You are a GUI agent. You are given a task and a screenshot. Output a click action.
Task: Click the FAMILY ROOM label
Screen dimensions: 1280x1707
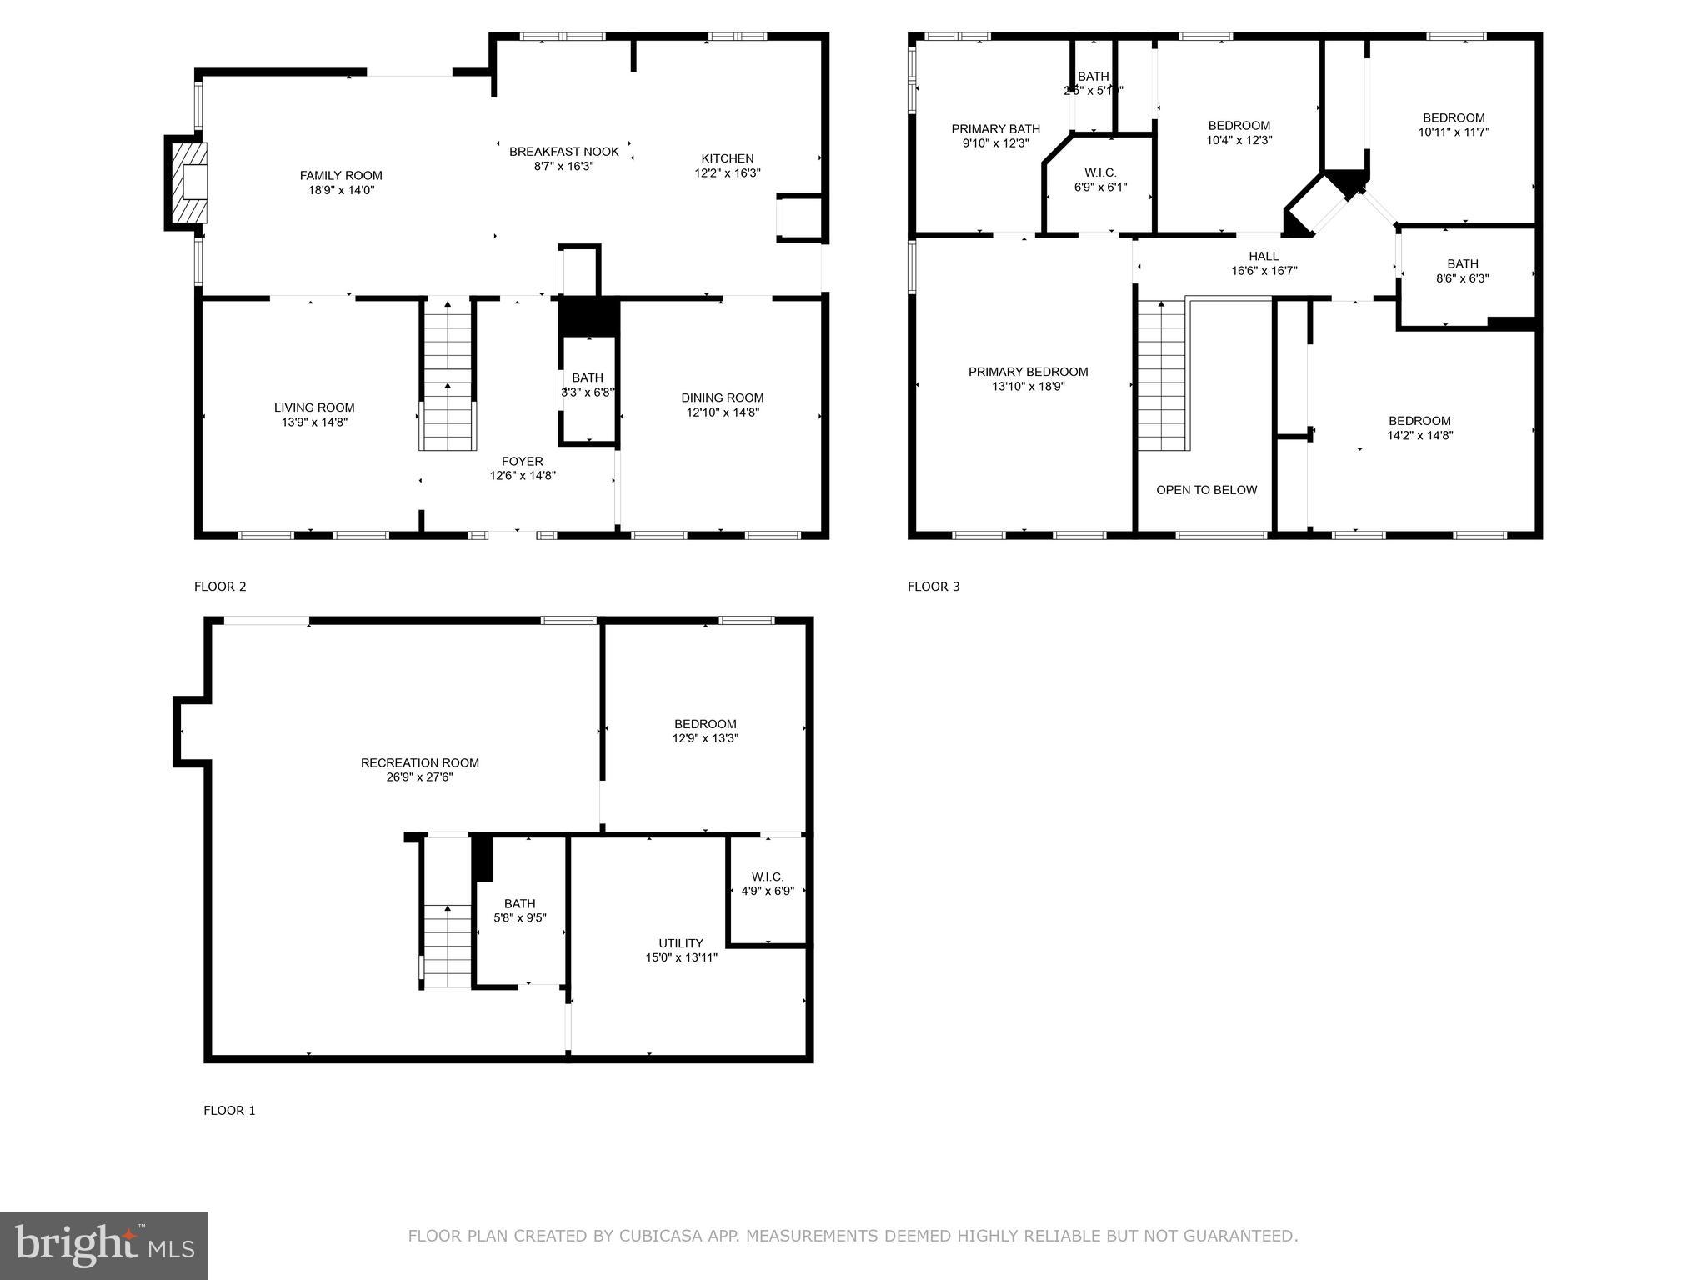pos(341,175)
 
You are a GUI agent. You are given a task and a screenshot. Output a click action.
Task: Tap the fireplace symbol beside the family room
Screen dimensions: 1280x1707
pos(188,182)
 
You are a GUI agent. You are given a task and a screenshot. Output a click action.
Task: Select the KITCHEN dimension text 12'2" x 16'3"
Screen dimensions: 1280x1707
pos(727,172)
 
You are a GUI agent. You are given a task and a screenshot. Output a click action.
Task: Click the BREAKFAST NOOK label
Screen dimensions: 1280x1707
pos(563,152)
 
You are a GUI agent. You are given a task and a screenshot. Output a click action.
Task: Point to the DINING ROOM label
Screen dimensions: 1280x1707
pos(722,397)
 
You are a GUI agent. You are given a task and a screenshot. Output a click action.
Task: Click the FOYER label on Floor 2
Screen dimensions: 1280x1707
pos(522,461)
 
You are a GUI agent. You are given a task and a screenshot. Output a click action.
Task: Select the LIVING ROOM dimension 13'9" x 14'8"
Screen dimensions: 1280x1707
pos(313,422)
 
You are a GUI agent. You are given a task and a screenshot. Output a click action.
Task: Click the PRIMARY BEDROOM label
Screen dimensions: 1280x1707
pos(1028,372)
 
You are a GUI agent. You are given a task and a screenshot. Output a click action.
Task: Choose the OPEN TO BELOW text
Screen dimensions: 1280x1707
pos(1206,490)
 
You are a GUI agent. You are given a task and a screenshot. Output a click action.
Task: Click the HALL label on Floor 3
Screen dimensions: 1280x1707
pos(1264,256)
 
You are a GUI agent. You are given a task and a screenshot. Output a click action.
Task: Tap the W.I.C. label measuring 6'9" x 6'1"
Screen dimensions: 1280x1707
pos(1100,172)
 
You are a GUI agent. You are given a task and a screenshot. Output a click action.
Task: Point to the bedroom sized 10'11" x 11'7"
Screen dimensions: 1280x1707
pos(1454,124)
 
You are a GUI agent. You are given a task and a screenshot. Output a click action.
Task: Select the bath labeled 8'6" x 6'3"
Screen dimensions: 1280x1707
pos(1462,271)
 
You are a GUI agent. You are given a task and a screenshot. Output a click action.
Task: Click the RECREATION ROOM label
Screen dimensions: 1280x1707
pos(419,762)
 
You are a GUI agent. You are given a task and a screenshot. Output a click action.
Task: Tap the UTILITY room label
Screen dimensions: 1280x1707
pos(681,943)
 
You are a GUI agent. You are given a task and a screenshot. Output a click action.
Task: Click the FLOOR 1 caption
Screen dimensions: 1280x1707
pos(229,1110)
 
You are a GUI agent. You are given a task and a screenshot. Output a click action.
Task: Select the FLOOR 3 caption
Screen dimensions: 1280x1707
pos(934,586)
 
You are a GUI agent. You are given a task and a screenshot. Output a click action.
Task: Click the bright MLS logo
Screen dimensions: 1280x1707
pos(103,1246)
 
